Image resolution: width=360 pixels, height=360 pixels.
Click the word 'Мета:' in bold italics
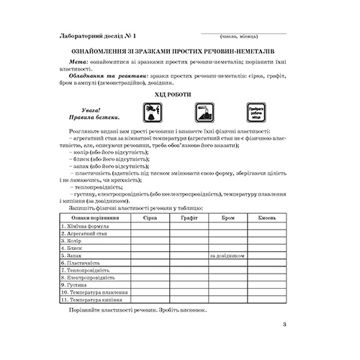click(x=77, y=63)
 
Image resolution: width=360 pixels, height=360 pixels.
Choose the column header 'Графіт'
click(x=189, y=216)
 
